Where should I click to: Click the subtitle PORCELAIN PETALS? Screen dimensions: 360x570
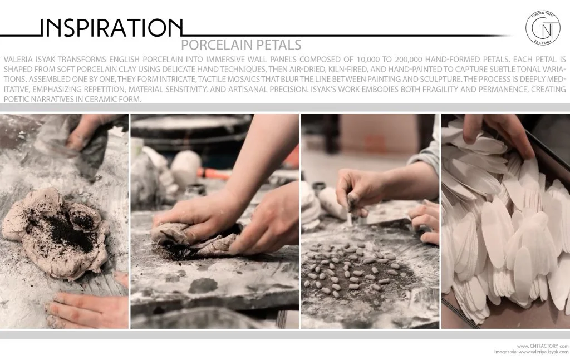pos(242,45)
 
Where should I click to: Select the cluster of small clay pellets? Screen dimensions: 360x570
pos(351,267)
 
